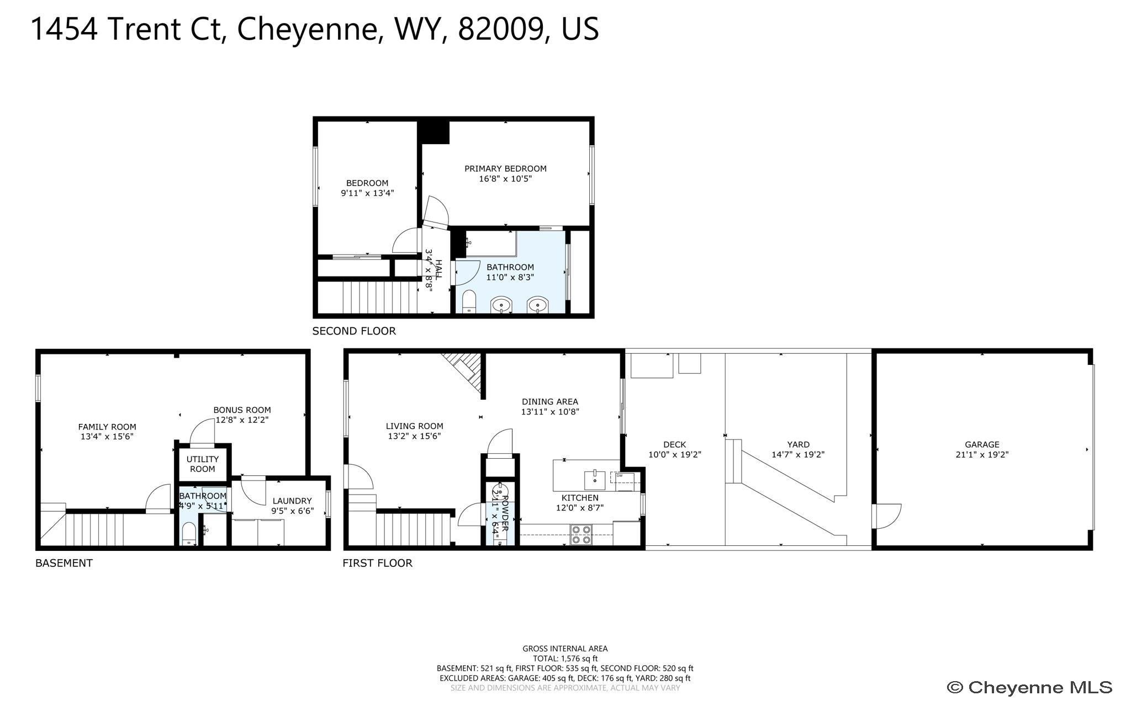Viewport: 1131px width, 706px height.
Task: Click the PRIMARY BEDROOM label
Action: [x=505, y=168]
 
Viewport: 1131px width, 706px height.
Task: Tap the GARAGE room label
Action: [x=982, y=444]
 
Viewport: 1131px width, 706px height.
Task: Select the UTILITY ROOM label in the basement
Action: [x=203, y=464]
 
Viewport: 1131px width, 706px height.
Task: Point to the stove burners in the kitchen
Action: [x=581, y=535]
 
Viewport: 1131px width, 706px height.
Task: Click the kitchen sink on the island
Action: [x=595, y=480]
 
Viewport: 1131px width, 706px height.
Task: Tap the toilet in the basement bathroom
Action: [x=189, y=533]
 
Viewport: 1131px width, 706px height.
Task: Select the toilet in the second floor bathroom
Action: [x=469, y=301]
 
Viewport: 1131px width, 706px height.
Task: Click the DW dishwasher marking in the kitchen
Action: [x=620, y=475]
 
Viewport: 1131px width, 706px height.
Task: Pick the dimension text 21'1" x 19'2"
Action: [x=982, y=455]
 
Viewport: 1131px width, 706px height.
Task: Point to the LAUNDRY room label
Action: [x=292, y=501]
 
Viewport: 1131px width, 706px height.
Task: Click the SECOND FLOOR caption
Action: [x=354, y=331]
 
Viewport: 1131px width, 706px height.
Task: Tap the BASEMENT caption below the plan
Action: [x=64, y=563]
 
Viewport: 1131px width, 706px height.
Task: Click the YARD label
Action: [x=798, y=444]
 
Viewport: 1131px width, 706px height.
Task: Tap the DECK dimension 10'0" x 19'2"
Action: [x=674, y=455]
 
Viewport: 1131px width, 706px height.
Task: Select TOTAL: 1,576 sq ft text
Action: [x=565, y=659]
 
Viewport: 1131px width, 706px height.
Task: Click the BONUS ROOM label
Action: [x=242, y=410]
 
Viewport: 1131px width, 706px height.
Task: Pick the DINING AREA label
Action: [x=550, y=402]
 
